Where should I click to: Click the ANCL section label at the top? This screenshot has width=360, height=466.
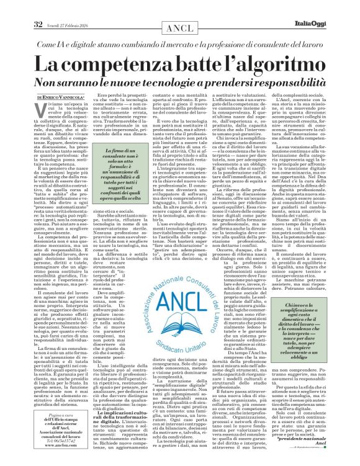pos(179,11)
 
